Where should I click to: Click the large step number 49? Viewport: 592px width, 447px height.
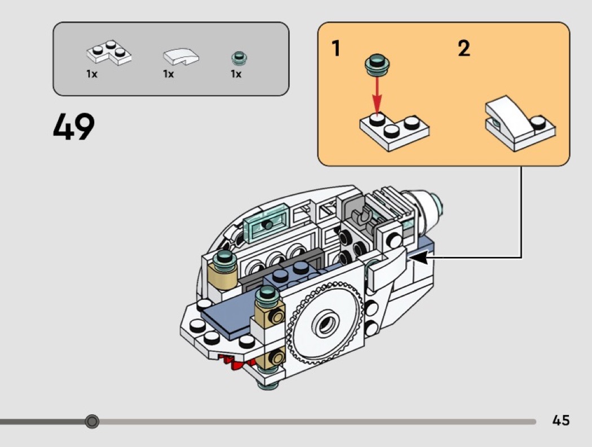[x=74, y=127]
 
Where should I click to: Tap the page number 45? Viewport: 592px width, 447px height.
[x=561, y=420]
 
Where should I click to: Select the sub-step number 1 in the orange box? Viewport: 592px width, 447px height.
[x=336, y=49]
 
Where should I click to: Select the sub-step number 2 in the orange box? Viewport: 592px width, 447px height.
[x=463, y=49]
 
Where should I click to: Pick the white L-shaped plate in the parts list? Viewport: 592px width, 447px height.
[x=109, y=53]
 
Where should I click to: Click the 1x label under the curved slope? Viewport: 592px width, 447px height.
[x=169, y=74]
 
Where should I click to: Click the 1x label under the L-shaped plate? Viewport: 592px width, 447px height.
[x=92, y=74]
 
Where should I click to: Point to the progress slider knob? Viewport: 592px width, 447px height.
[x=92, y=421]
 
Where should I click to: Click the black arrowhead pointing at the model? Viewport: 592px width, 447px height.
[x=419, y=258]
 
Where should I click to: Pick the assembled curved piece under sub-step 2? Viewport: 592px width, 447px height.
[x=519, y=123]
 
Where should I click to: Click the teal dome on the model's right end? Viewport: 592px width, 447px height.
[x=434, y=201]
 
